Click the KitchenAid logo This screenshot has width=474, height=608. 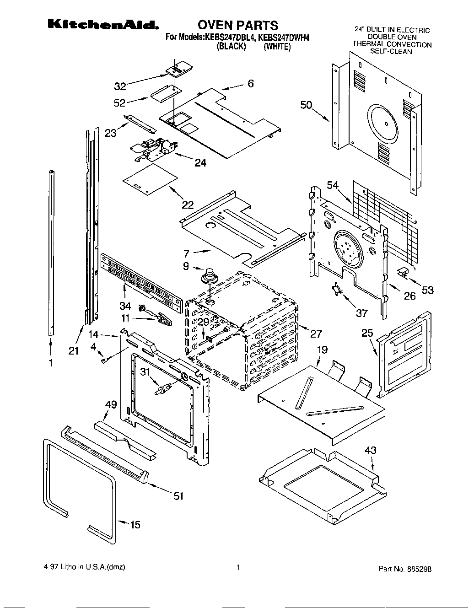pyautogui.click(x=103, y=25)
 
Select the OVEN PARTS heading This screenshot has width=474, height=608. pyautogui.click(x=237, y=25)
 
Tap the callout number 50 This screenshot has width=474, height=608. pyautogui.click(x=306, y=105)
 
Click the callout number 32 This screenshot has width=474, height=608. pyautogui.click(x=120, y=86)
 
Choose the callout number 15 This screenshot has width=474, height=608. pyautogui.click(x=135, y=525)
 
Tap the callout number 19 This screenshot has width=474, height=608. pyautogui.click(x=322, y=350)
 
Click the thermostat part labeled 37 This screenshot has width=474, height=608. pyautogui.click(x=338, y=289)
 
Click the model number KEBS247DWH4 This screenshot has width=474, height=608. pyautogui.click(x=283, y=38)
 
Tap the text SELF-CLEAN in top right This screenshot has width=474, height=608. pyautogui.click(x=391, y=52)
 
